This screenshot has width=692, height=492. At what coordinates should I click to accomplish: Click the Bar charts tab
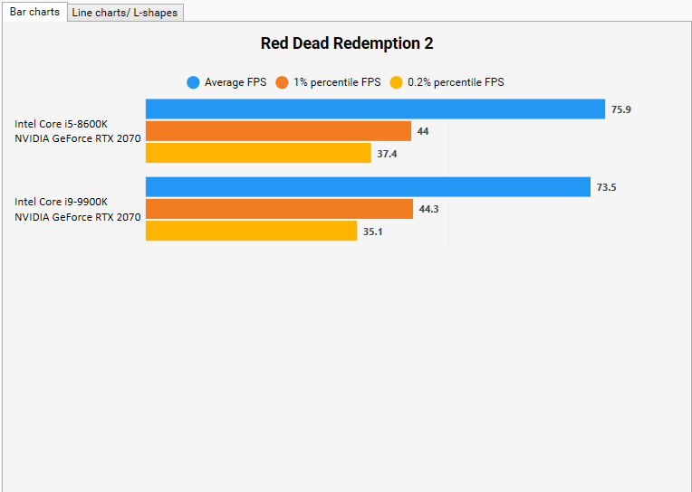[x=34, y=12]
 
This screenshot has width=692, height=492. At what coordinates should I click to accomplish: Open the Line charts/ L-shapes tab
[x=125, y=13]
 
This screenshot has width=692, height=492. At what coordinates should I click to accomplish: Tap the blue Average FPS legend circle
[x=193, y=82]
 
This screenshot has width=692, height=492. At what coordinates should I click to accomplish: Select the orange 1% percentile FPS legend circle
[x=282, y=82]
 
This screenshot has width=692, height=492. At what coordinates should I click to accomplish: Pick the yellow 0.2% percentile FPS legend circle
[x=396, y=82]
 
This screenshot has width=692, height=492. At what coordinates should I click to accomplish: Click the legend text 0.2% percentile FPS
[x=456, y=82]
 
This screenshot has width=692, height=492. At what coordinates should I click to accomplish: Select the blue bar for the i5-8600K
[x=375, y=109]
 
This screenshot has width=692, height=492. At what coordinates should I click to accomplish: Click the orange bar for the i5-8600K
[x=278, y=131]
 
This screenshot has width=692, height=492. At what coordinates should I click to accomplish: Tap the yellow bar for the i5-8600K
[x=258, y=153]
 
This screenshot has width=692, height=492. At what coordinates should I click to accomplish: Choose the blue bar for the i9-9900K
[x=368, y=187]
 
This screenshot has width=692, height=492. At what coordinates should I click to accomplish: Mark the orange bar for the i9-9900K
[x=279, y=209]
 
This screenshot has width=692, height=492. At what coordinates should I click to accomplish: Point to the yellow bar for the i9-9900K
[x=251, y=231]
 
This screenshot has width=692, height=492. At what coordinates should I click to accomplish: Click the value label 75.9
[x=621, y=109]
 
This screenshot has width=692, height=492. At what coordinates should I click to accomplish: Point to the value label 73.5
[x=606, y=187]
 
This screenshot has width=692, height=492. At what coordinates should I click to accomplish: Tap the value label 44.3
[x=428, y=209]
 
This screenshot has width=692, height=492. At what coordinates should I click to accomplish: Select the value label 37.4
[x=387, y=154]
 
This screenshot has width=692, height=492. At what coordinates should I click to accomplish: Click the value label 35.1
[x=373, y=231]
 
